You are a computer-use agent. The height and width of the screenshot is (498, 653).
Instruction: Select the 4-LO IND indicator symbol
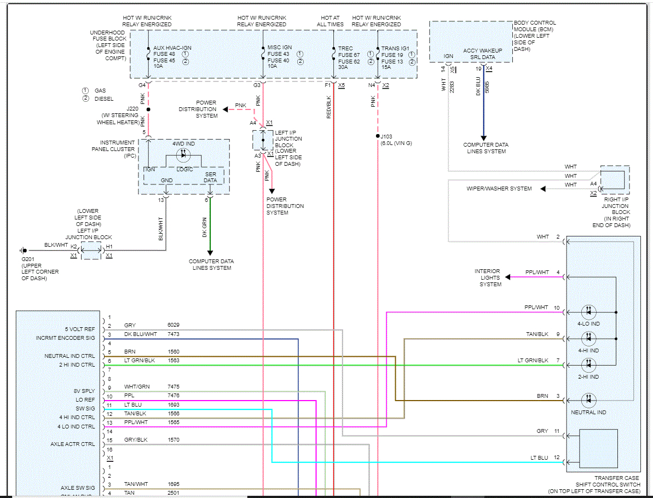click(x=588, y=312)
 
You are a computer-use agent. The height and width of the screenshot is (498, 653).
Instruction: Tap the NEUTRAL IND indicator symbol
click(x=588, y=401)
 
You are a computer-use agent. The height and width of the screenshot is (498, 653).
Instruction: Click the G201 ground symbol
click(x=24, y=251)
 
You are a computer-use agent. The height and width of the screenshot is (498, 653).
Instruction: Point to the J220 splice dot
click(x=148, y=109)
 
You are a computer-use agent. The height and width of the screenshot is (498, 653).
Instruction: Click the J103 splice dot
click(x=378, y=136)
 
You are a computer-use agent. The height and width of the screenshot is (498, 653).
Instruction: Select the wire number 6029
click(x=174, y=326)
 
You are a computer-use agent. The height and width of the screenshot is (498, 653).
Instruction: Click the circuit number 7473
click(x=174, y=334)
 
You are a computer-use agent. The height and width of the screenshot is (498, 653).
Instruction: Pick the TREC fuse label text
click(x=345, y=48)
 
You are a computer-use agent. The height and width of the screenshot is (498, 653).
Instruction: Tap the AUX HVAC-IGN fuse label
click(x=172, y=48)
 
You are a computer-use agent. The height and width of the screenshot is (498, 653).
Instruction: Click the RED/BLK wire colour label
click(x=329, y=107)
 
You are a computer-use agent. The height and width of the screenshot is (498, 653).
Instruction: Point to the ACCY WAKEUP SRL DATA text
click(x=479, y=54)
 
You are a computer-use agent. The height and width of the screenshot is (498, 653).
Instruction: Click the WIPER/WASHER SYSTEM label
click(x=499, y=189)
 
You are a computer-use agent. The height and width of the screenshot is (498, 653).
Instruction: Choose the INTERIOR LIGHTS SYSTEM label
click(x=487, y=277)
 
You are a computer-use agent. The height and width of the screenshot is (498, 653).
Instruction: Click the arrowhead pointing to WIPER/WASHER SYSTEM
click(x=544, y=189)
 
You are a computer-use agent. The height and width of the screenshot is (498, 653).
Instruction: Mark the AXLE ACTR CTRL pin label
click(x=72, y=444)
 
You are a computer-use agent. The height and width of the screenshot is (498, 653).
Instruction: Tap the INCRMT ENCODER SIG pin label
click(x=66, y=338)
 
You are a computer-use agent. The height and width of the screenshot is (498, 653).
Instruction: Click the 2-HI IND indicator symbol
click(x=588, y=365)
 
